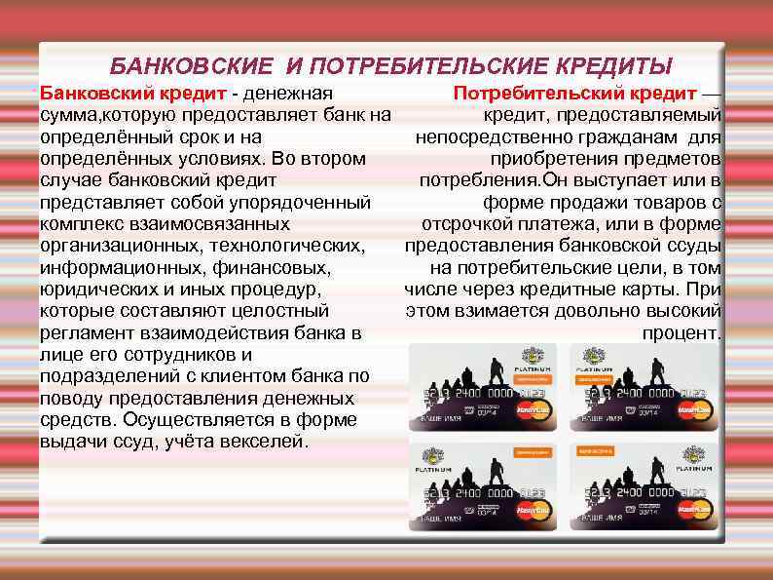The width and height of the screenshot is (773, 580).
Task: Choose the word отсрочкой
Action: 463,224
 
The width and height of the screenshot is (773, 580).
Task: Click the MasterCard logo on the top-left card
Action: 534,407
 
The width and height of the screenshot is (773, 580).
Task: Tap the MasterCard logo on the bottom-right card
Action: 695,508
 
